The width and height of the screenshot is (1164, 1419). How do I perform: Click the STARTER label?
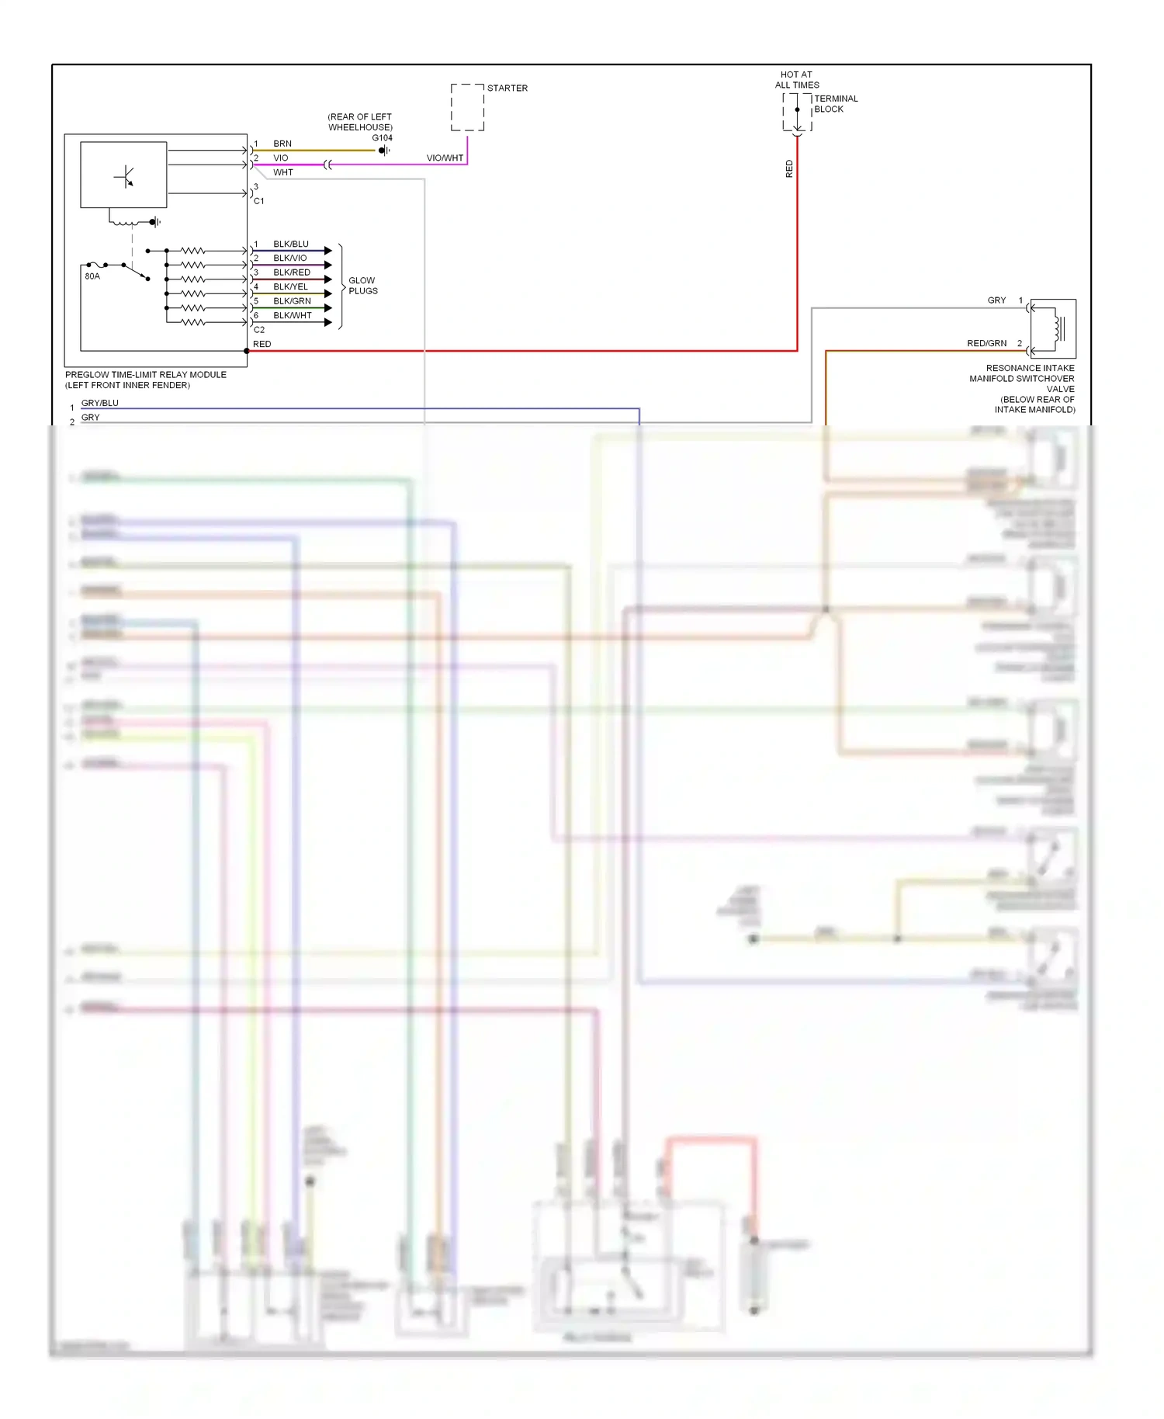508,88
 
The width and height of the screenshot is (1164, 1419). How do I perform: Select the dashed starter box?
467,107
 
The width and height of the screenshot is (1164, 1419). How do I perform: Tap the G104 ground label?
382,138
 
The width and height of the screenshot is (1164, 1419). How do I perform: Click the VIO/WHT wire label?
445,158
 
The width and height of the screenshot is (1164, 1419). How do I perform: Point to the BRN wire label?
282,144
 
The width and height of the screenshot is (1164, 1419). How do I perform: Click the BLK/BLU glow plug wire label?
291,244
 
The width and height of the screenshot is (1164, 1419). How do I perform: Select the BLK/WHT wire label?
293,315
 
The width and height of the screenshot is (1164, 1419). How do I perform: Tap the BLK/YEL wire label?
291,286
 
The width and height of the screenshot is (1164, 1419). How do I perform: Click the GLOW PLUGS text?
362,286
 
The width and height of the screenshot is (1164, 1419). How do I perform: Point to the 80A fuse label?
92,276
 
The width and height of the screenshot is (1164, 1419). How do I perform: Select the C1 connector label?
259,201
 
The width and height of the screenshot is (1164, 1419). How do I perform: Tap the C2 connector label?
259,330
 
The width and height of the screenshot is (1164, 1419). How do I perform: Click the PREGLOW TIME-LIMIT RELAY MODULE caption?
146,375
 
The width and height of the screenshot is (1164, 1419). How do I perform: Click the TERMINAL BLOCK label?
836,104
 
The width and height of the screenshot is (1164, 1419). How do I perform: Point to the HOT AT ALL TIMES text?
797,80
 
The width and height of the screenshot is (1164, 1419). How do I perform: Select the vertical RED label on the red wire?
789,169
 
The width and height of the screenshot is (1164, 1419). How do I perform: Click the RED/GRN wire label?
986,343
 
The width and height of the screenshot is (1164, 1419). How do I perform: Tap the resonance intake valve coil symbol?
1056,328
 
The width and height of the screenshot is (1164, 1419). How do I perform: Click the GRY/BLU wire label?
100,403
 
